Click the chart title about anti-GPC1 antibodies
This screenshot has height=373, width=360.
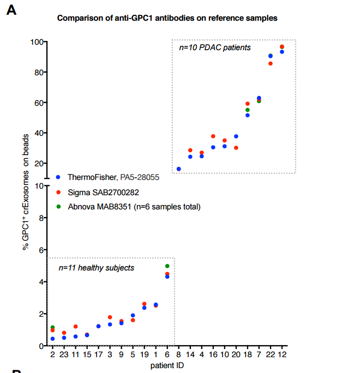(167, 18)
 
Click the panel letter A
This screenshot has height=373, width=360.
(11, 10)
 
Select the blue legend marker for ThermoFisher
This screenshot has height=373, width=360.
(58, 177)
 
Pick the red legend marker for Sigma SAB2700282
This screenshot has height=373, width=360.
(58, 192)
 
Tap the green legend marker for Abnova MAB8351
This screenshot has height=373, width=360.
(58, 207)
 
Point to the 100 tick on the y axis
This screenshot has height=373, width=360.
(37, 42)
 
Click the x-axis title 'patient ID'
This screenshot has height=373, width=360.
(167, 365)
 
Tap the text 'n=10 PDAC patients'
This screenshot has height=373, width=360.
(215, 48)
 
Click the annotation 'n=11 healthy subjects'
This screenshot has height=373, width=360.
(97, 268)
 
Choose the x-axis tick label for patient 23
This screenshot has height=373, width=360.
(64, 354)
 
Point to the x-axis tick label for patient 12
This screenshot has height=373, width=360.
(282, 354)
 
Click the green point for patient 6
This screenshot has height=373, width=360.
(167, 266)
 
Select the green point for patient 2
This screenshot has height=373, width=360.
(52, 327)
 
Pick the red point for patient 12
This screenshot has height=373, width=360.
(282, 47)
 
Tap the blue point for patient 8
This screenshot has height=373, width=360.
(179, 169)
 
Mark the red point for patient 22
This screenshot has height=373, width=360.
(271, 64)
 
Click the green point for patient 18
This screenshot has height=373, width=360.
(248, 110)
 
